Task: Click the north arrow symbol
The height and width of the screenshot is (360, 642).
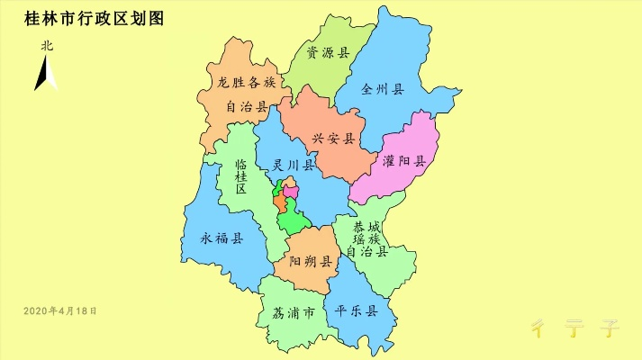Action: pyautogui.click(x=45, y=72)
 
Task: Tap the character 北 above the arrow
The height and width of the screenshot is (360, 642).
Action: pyautogui.click(x=46, y=45)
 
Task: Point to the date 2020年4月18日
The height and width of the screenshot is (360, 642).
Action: pyautogui.click(x=59, y=310)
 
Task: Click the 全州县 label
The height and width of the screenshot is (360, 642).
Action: pyautogui.click(x=383, y=89)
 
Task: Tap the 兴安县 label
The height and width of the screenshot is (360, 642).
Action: pyautogui.click(x=333, y=139)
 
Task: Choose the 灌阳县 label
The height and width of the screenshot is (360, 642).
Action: pyautogui.click(x=403, y=162)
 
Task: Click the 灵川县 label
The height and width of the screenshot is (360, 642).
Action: pyautogui.click(x=294, y=166)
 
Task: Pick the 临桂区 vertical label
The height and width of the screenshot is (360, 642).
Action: pyautogui.click(x=241, y=177)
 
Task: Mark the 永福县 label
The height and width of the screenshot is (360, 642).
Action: pyautogui.click(x=222, y=238)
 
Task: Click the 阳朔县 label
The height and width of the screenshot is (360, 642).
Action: pyautogui.click(x=312, y=262)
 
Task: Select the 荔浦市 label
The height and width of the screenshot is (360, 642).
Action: pyautogui.click(x=293, y=314)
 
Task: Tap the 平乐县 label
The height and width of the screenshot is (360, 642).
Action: pyautogui.click(x=356, y=311)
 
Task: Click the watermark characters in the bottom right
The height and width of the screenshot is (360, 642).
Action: pyautogui.click(x=574, y=326)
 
